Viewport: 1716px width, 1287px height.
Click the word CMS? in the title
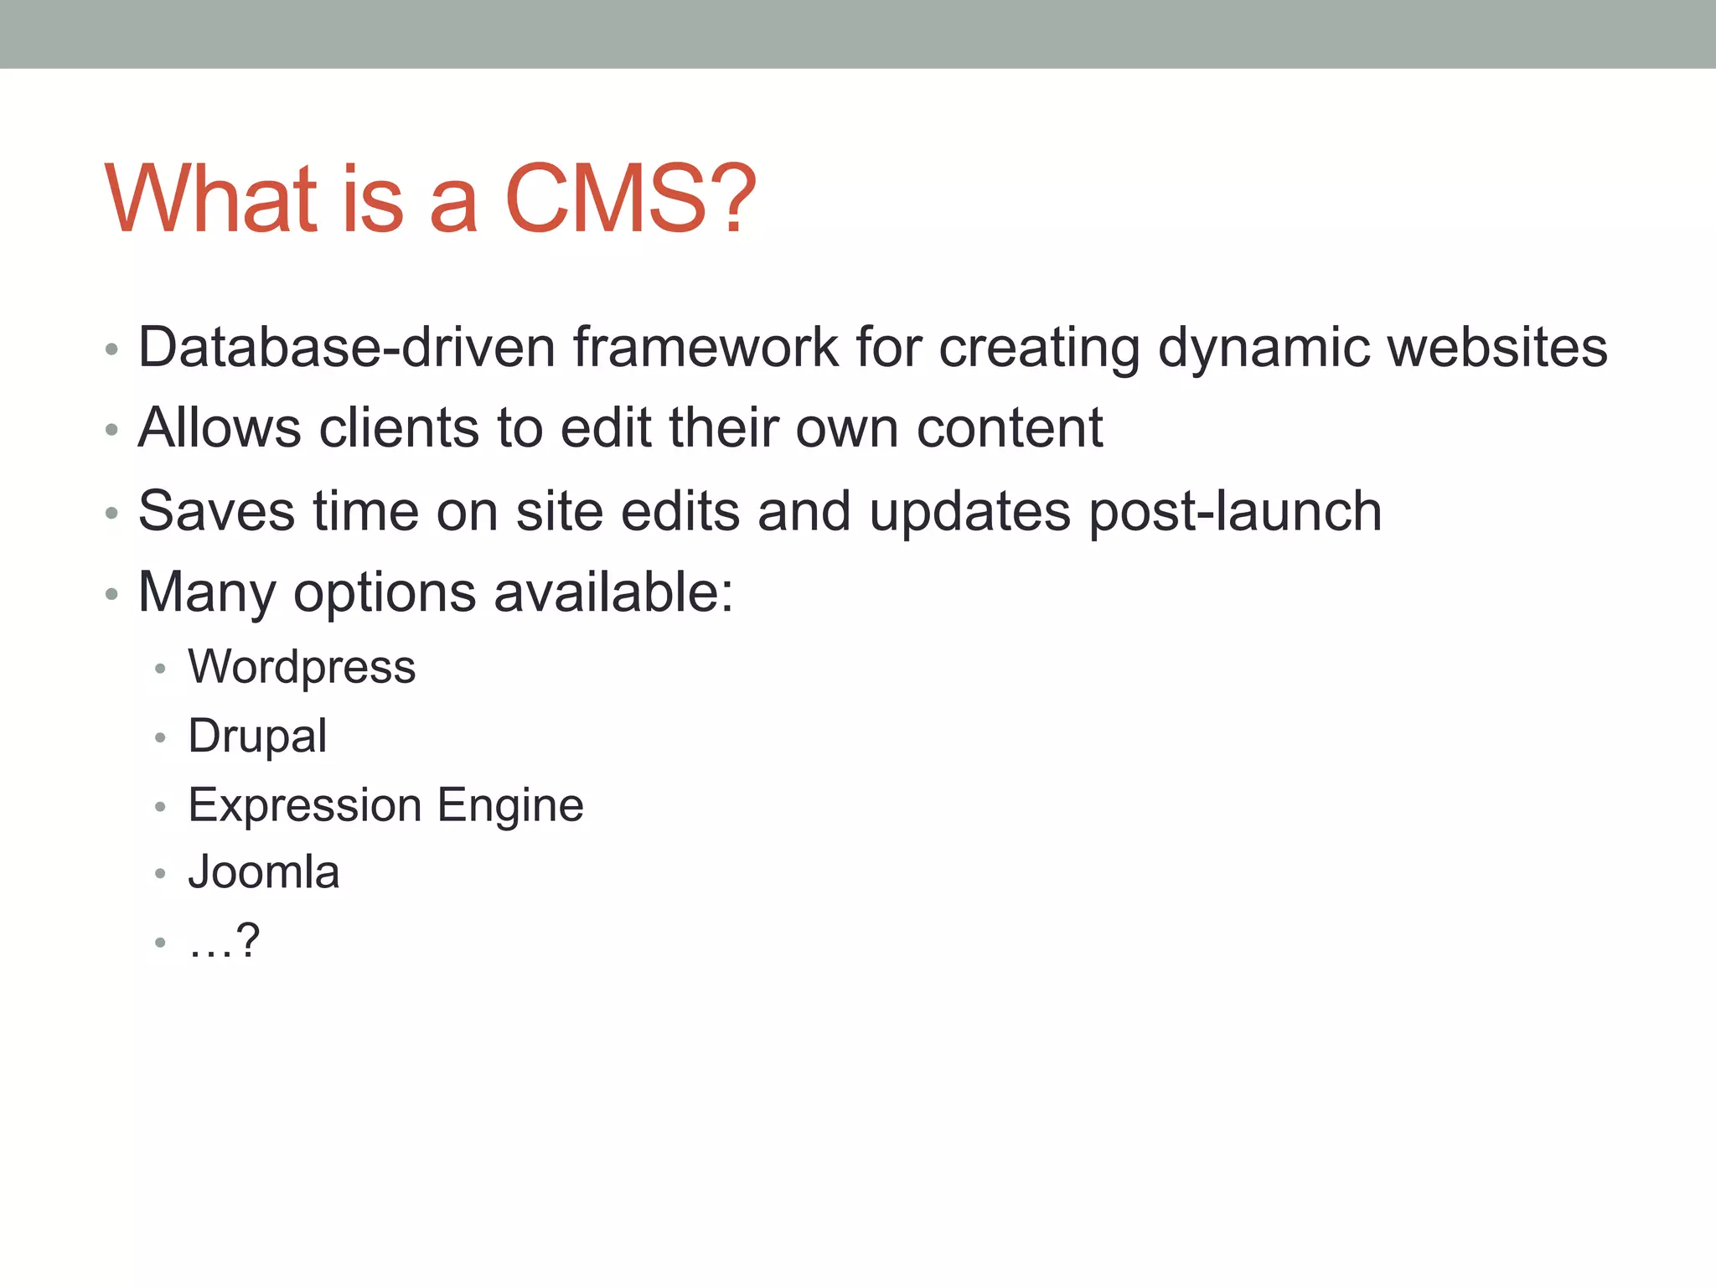(x=630, y=199)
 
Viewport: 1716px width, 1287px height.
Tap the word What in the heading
(x=211, y=199)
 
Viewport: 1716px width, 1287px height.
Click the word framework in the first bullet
(x=706, y=347)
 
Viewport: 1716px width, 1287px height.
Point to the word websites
(x=1497, y=347)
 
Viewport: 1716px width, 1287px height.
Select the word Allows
(x=220, y=428)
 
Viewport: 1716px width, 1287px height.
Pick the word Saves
(x=216, y=511)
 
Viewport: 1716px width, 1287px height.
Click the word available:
(x=613, y=593)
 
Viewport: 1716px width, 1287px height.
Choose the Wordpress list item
(x=302, y=668)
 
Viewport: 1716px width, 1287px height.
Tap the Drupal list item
(x=257, y=737)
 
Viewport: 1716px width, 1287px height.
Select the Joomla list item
(x=264, y=872)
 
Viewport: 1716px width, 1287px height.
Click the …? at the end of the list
(x=225, y=942)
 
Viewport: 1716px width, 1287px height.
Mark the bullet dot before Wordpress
(x=161, y=669)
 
